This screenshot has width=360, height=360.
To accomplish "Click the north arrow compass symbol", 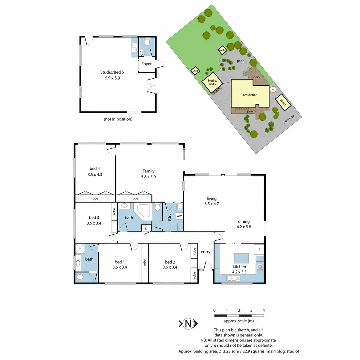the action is (188, 324).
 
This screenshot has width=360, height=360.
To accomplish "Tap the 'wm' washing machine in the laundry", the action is (180, 216).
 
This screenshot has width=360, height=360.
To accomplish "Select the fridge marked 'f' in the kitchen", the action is (259, 249).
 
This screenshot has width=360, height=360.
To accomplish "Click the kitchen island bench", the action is (241, 258).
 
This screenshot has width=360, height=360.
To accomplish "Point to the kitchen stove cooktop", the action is (260, 267).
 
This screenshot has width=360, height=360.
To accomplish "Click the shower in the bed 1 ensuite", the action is (80, 248).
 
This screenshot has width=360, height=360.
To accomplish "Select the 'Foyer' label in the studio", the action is (146, 64).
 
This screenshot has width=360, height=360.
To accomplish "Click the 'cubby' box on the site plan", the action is (222, 50).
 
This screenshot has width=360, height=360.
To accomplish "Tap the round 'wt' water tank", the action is (273, 90).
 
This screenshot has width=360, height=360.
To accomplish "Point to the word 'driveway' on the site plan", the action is (289, 119).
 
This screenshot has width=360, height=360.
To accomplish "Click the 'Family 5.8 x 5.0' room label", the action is (148, 174).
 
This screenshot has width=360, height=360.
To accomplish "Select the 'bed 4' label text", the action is (95, 169).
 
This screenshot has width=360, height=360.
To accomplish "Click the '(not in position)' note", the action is (118, 119).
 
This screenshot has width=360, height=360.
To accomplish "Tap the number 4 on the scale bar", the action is (264, 310).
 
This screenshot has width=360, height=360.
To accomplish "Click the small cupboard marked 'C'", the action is (146, 228).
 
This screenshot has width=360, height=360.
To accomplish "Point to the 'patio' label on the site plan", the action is (241, 61).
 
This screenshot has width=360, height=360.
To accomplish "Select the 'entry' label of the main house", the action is (205, 252).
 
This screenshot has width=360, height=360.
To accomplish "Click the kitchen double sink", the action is (233, 278).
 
